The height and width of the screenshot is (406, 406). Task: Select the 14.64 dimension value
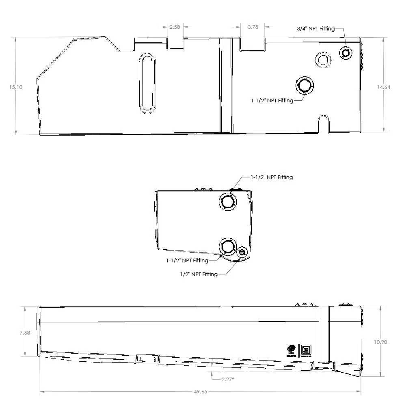click(x=383, y=87)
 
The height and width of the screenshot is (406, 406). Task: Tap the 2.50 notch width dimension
click(x=175, y=27)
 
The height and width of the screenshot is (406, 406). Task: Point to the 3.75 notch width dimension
click(x=253, y=27)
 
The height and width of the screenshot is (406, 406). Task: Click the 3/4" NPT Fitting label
click(x=316, y=28)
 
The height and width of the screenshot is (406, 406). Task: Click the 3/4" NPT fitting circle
click(x=346, y=53)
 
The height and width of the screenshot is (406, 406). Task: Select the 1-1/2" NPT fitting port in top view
click(x=304, y=86)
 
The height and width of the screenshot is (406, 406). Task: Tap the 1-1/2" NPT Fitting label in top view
click(x=272, y=100)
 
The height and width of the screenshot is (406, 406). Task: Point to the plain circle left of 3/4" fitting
click(x=323, y=60)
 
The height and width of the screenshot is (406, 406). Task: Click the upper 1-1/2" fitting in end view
click(x=227, y=201)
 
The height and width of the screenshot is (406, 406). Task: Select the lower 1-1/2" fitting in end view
click(x=227, y=246)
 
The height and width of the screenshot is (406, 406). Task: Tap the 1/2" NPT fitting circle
click(x=242, y=253)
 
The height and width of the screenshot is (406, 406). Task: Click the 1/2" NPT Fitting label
click(x=199, y=274)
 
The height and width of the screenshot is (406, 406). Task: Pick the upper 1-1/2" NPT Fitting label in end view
click(x=272, y=177)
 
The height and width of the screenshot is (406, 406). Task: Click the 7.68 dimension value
click(x=25, y=333)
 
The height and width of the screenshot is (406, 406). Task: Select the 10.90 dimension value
click(x=380, y=342)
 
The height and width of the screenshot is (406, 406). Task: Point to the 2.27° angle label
click(x=228, y=379)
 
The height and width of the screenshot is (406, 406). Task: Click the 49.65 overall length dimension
click(x=201, y=392)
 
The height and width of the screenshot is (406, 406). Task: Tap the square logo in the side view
click(x=304, y=350)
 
